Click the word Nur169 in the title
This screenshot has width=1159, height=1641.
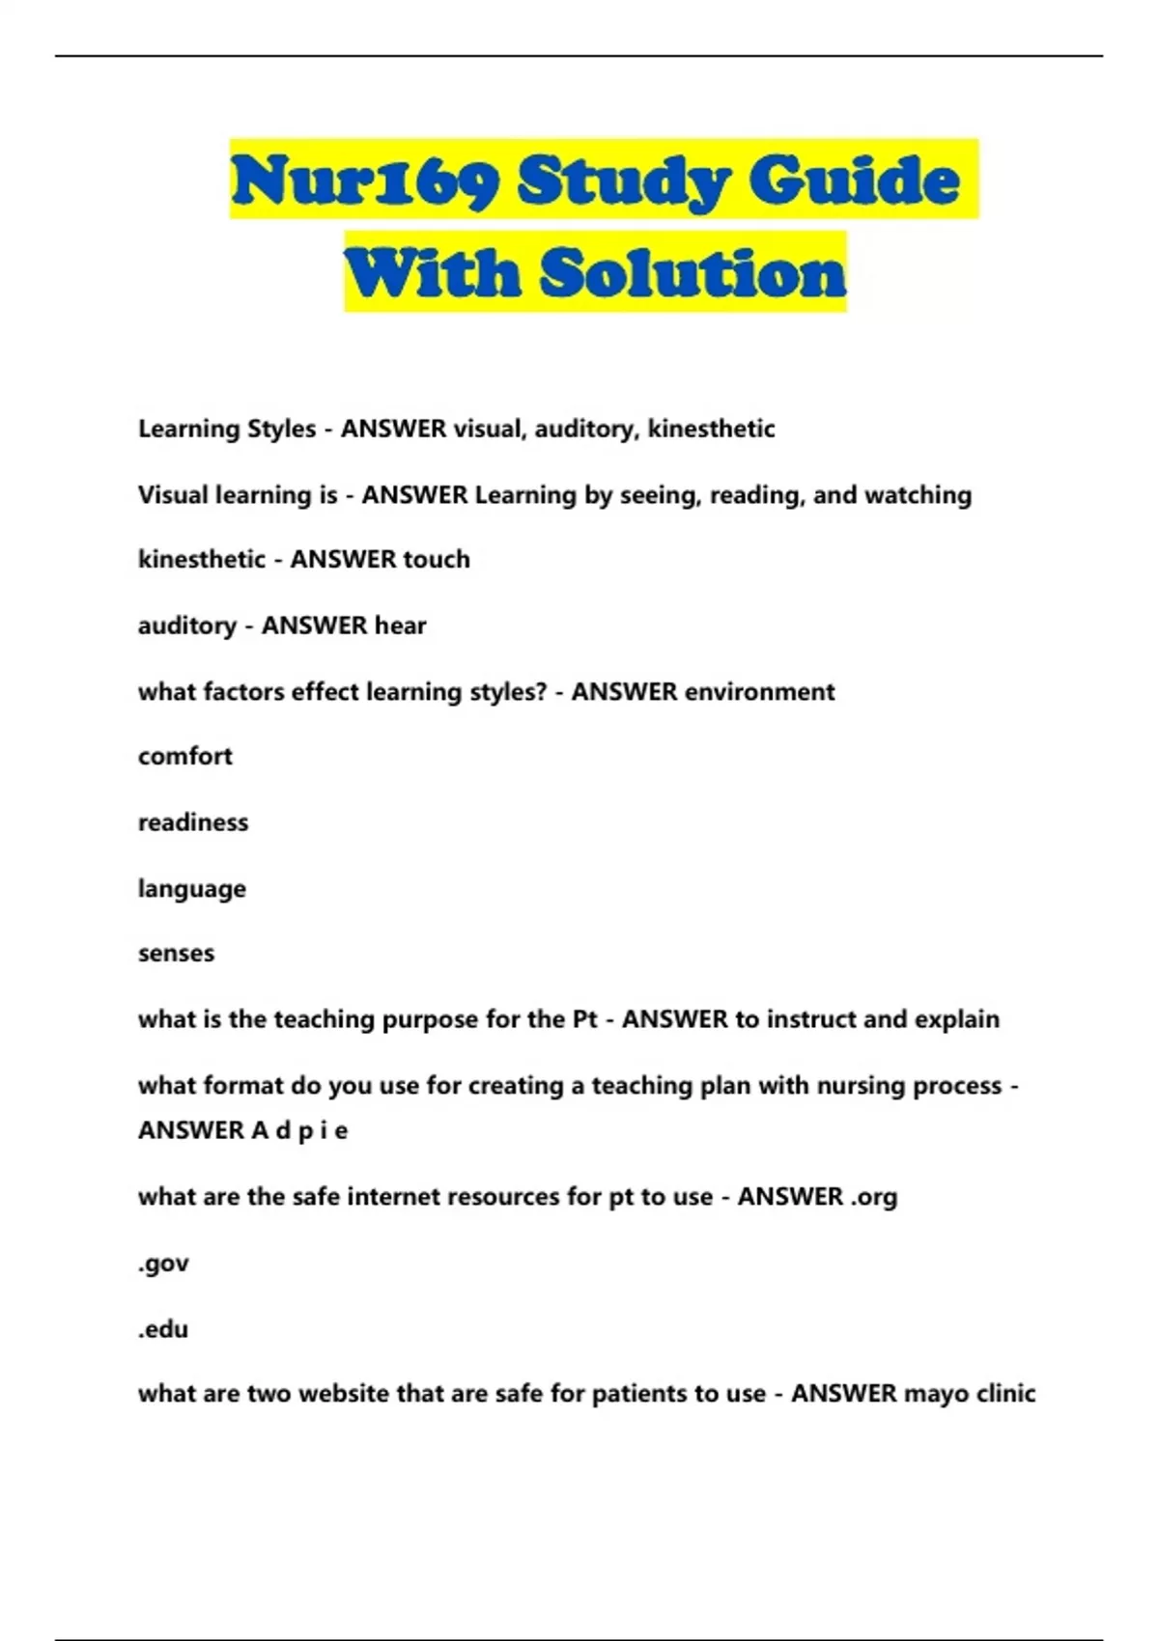pos(364,181)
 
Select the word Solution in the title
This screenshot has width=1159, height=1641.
pos(692,273)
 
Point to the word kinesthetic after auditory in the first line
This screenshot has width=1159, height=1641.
pos(711,429)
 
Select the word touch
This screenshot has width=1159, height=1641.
pos(437,560)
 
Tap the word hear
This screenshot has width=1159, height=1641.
pos(401,626)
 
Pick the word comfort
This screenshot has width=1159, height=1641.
pos(185,756)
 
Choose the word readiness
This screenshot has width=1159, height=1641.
pos(193,822)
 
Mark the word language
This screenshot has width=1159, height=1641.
pos(192,889)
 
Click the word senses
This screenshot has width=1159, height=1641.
pos(176,954)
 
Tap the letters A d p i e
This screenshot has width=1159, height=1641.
pos(299,1130)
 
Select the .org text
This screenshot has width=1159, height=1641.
pos(873,1197)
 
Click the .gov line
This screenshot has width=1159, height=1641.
pos(163,1264)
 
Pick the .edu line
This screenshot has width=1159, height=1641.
pos(163,1329)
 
